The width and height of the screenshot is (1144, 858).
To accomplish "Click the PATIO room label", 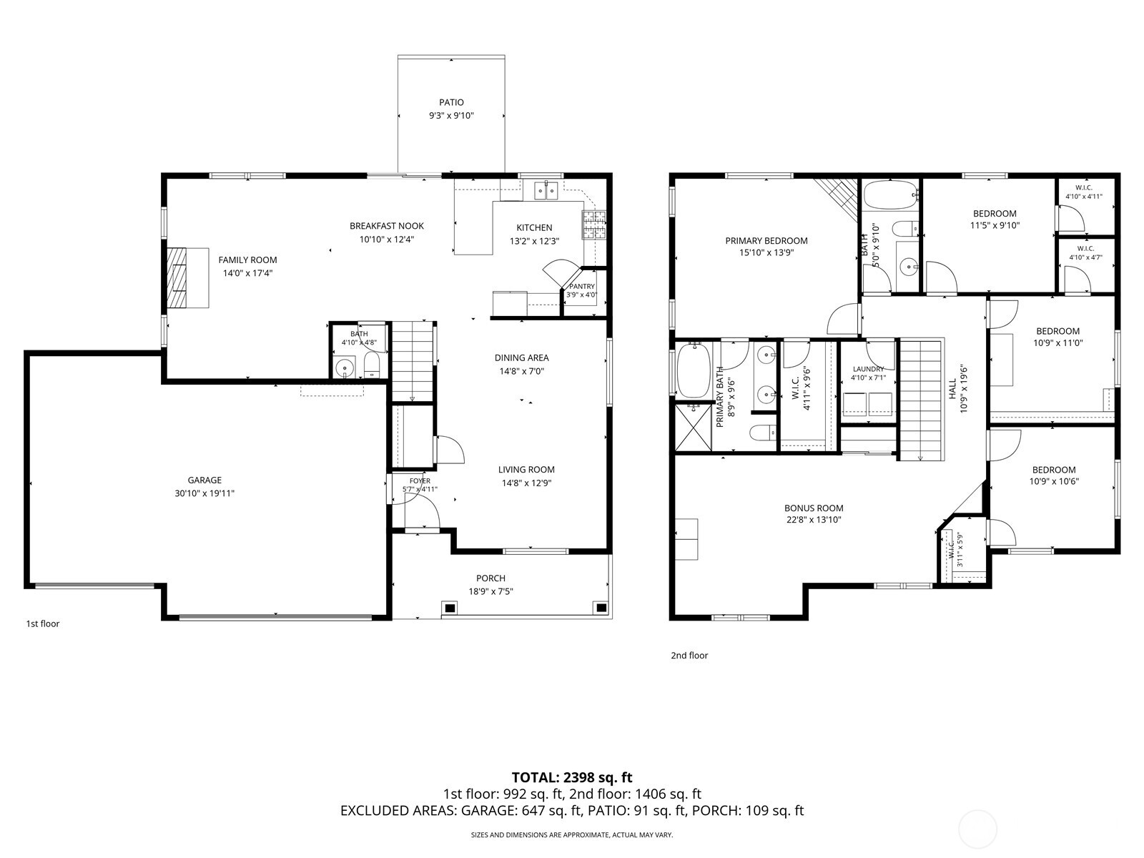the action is pos(451,102).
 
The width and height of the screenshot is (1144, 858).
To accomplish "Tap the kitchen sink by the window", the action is pos(546,190).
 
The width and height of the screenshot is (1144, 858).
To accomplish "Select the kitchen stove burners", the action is pos(594,225).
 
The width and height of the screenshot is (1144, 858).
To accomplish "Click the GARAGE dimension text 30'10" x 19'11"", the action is pos(204,493).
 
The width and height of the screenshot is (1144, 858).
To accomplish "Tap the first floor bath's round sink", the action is pos(345,368).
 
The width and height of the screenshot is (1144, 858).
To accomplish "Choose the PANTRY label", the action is pos(581,287).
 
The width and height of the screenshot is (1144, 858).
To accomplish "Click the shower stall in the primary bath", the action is pos(693,427).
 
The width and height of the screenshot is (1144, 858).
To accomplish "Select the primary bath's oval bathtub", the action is pos(693,370).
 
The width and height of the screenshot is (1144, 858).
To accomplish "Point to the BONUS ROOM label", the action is pos(814,508).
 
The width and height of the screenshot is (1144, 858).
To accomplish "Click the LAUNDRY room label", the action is pos(868,369).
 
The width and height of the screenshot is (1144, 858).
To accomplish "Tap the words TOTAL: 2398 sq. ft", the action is pos(572,777).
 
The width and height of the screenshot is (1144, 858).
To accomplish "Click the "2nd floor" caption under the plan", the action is pos(689,656).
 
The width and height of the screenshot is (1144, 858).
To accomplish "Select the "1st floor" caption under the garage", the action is pos(43,623).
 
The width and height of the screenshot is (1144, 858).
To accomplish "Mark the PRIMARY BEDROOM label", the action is pos(766,241).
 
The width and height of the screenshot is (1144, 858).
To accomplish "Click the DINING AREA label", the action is pos(521,357).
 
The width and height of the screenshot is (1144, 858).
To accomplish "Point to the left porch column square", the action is pos(450,608).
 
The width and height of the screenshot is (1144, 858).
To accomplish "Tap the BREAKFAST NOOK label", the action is pos(386,225).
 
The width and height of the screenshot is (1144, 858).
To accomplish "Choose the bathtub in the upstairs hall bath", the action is pos(890,194).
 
